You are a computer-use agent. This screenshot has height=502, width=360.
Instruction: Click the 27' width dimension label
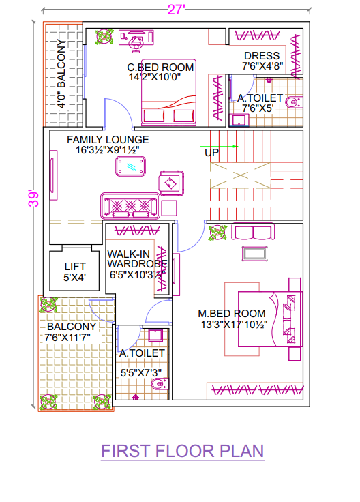pyautogui.click(x=176, y=10)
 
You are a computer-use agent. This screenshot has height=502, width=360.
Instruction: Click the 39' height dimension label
pyautogui.click(x=33, y=198)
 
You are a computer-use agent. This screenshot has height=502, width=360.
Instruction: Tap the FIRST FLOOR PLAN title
pyautogui.click(x=183, y=451)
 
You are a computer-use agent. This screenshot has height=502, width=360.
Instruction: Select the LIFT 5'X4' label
pyautogui.click(x=75, y=272)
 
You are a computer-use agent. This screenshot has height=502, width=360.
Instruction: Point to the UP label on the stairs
pyautogui.click(x=211, y=153)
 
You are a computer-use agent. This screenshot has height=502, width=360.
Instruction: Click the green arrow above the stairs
pyautogui.click(x=219, y=147)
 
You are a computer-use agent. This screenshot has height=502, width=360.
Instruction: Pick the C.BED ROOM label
pyautogui.click(x=160, y=68)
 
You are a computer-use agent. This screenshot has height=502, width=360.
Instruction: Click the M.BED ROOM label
pyautogui.click(x=232, y=314)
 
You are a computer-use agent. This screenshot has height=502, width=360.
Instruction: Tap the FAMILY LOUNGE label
pyautogui.click(x=108, y=140)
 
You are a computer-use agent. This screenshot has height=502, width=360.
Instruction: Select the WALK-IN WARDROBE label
pyautogui.click(x=137, y=259)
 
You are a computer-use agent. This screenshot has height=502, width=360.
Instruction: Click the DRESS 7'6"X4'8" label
pyautogui.click(x=262, y=61)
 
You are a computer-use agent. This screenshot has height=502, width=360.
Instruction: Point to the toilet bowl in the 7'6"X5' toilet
pyautogui.click(x=293, y=103)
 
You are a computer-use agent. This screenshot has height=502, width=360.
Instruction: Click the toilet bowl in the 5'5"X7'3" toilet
pyautogui.click(x=160, y=383)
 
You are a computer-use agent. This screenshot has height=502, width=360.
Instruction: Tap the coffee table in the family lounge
pyautogui.click(x=130, y=166)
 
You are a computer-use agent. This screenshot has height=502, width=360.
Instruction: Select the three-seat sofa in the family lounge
pyautogui.click(x=130, y=205)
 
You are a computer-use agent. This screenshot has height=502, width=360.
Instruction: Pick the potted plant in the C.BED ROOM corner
pyautogui.click(x=104, y=37)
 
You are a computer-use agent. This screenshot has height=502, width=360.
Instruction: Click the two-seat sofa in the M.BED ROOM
pyautogui.click(x=253, y=232)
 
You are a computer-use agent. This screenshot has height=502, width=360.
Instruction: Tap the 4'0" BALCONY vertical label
pyautogui.click(x=61, y=74)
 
